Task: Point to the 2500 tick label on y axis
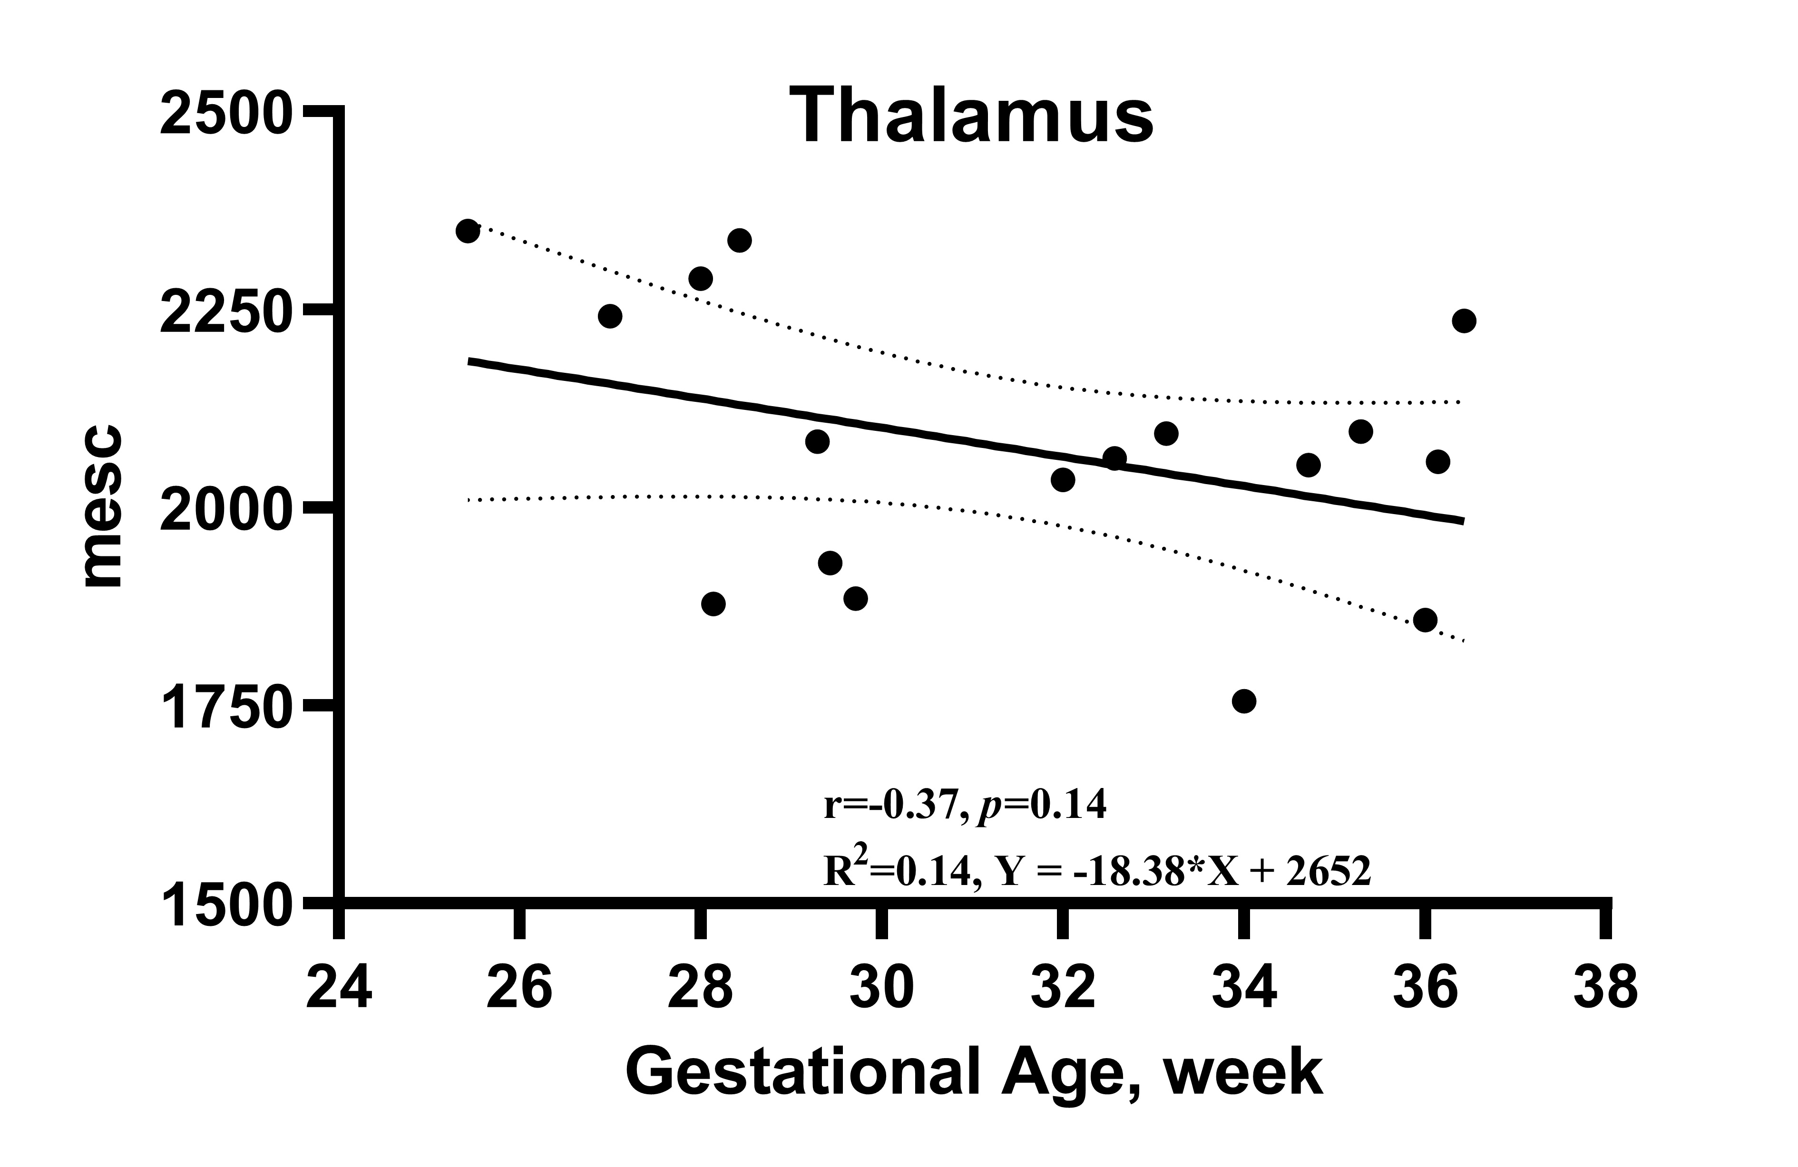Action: [x=225, y=113]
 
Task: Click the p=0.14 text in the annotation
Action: [x=1043, y=806]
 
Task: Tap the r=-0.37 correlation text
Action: [x=891, y=806]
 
